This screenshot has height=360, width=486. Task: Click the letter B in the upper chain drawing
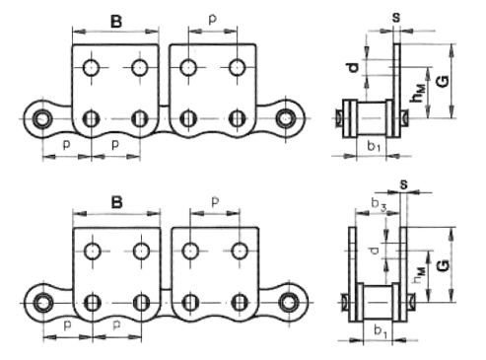[x=116, y=22]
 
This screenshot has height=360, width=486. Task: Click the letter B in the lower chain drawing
[x=116, y=202]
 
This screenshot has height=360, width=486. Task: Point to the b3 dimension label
[x=379, y=204]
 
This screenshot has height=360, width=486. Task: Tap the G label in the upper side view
[x=443, y=81]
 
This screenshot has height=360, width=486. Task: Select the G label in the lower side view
[x=443, y=265]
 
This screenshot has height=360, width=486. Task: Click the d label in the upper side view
[x=353, y=68]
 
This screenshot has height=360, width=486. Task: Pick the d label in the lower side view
[x=374, y=251]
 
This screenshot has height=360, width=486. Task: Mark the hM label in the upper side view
[x=419, y=93]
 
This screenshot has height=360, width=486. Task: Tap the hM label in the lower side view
[x=419, y=275]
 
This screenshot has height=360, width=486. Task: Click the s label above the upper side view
[x=396, y=18]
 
